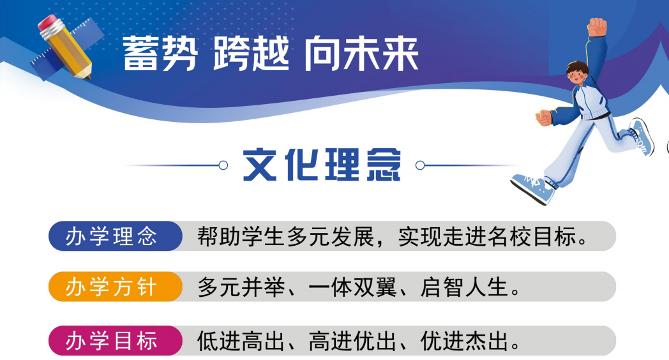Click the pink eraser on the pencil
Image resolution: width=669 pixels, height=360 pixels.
tap(47, 23)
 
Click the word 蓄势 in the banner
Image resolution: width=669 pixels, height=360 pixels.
tap(160, 54)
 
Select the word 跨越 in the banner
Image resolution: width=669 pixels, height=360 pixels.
tap(251, 54)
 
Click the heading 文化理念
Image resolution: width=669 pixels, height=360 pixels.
tap(322, 165)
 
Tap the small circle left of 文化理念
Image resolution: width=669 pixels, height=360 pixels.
tap(223, 165)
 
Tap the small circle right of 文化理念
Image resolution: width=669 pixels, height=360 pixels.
tap(420, 165)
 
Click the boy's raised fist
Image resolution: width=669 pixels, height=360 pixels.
tap(597, 27)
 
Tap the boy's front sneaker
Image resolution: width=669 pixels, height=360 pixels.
tap(533, 188)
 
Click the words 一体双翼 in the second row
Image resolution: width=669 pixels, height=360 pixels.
tap(352, 287)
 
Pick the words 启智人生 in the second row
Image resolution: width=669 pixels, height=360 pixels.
tap(464, 287)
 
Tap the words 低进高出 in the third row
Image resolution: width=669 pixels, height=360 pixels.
tap(241, 341)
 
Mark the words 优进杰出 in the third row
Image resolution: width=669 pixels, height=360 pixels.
tap(464, 341)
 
